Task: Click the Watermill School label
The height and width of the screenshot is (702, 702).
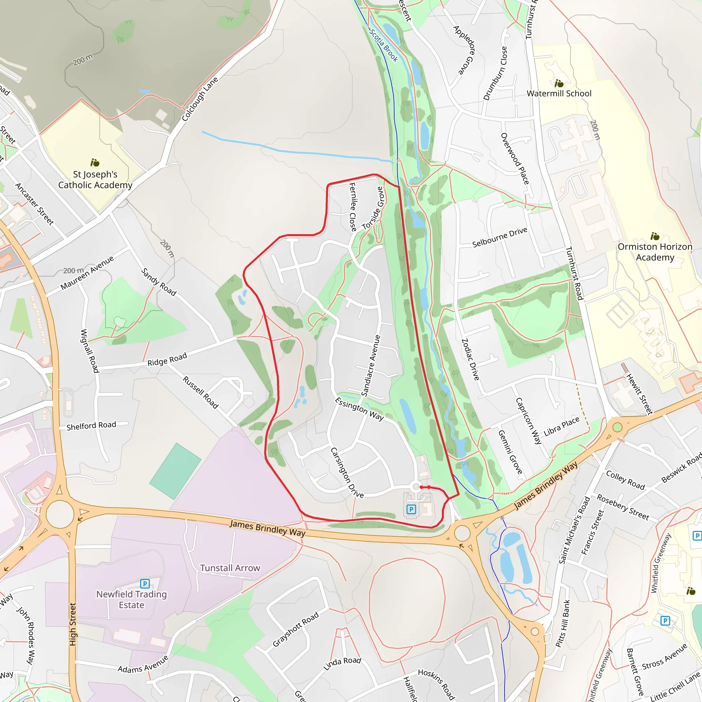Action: tap(559, 93)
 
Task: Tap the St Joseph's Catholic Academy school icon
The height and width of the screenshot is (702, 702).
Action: tap(95, 162)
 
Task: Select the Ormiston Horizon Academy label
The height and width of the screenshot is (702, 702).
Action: tap(655, 252)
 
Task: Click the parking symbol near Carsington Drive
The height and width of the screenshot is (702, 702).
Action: tap(411, 509)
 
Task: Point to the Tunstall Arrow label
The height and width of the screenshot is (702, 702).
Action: tap(230, 568)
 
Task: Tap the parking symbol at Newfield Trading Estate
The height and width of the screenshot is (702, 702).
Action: tap(145, 583)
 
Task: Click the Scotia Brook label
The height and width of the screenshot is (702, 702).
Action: tap(383, 46)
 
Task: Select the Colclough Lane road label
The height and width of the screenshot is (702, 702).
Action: tap(200, 99)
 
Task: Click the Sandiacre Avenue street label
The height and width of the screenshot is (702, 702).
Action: tap(371, 365)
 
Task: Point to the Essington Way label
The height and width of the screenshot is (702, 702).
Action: tap(359, 409)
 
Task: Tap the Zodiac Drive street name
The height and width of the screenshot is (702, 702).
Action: tap(470, 359)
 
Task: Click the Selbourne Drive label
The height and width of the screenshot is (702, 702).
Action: tap(500, 237)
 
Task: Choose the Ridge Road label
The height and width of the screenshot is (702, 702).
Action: tap(167, 359)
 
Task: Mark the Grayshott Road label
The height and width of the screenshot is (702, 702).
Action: tap(295, 629)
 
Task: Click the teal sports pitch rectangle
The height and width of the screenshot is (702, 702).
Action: tap(175, 471)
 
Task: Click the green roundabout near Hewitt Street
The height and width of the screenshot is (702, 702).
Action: tap(617, 427)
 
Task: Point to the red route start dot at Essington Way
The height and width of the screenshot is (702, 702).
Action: tap(421, 487)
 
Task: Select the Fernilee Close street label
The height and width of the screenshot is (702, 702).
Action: tap(352, 207)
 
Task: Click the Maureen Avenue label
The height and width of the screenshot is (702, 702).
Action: tap(87, 273)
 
